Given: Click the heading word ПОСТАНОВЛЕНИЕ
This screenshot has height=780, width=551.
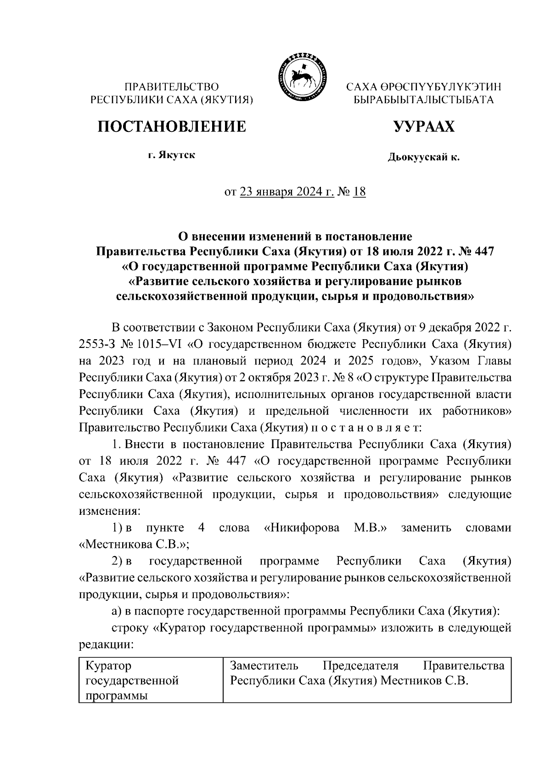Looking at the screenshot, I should tap(171, 126).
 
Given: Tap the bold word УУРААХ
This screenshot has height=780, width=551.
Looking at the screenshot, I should tap(423, 126).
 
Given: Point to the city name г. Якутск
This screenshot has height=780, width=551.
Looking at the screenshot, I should tap(171, 155).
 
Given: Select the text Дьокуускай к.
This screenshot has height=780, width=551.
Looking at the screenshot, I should tap(423, 158).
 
